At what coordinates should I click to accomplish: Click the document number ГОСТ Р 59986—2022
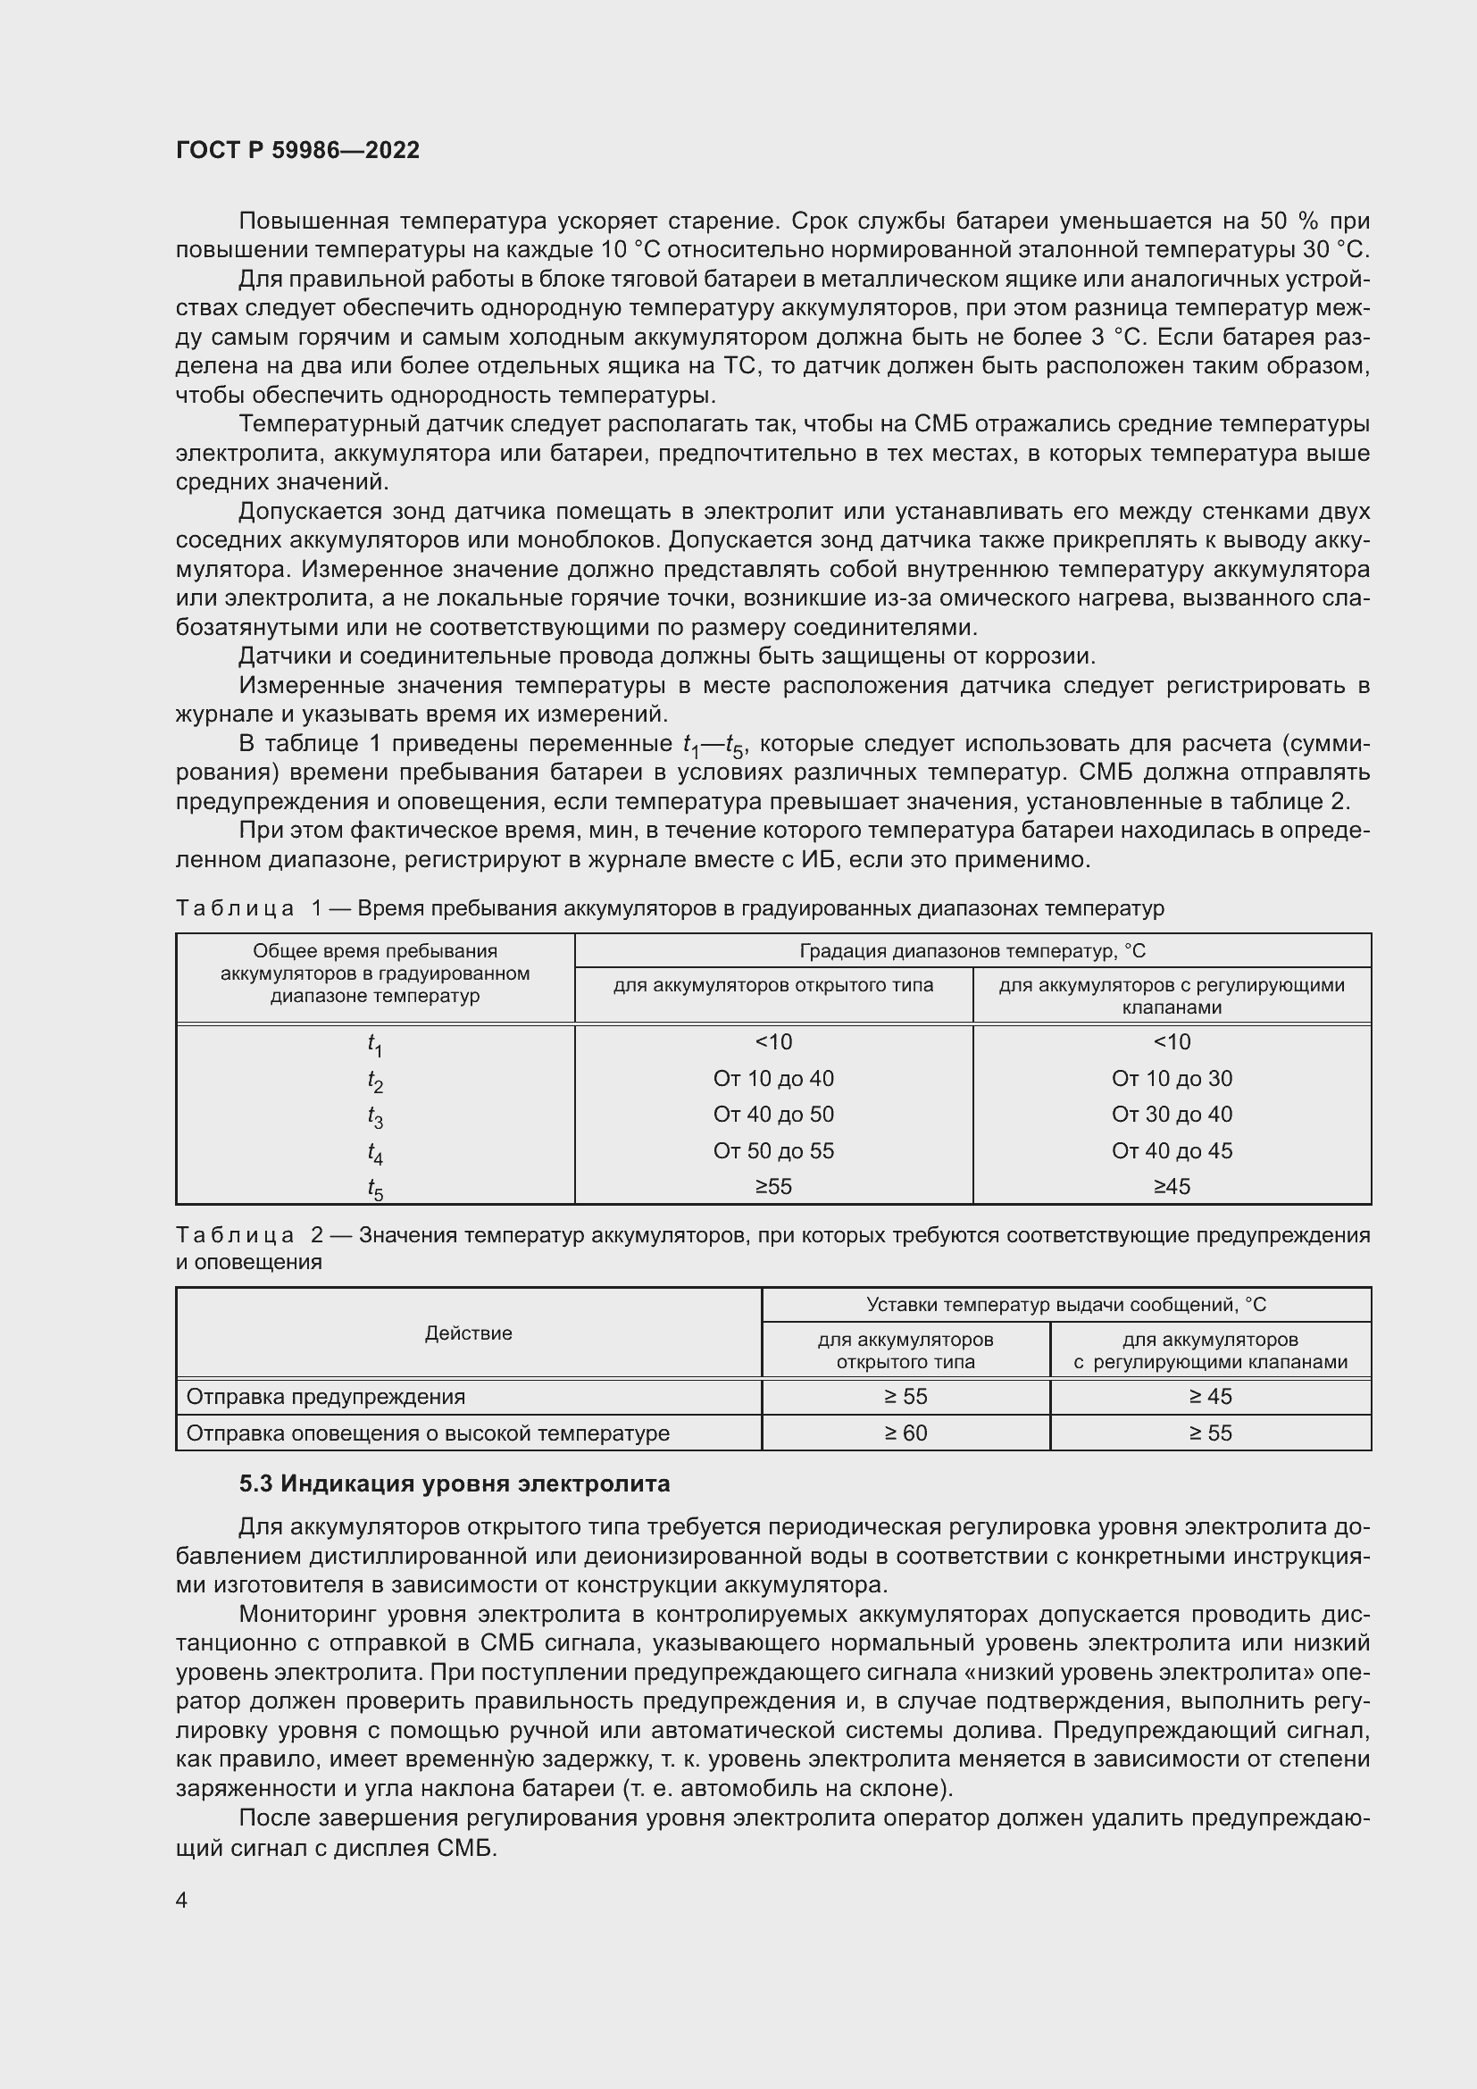click(x=297, y=150)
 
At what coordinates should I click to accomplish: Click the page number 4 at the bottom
click(x=182, y=1900)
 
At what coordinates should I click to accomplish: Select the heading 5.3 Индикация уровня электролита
click(x=455, y=1484)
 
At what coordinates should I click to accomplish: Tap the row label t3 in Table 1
click(x=375, y=1116)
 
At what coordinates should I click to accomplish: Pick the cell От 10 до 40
click(x=773, y=1078)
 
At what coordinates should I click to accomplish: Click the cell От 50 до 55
click(x=773, y=1151)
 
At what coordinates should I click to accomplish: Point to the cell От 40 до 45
click(x=1172, y=1151)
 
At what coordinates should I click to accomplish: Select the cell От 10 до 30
click(x=1172, y=1078)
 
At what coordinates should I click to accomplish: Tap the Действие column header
click(x=469, y=1333)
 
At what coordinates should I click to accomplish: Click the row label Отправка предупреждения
click(x=326, y=1397)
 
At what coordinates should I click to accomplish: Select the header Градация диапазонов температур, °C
click(x=972, y=951)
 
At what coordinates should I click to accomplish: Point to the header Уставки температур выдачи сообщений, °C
click(x=1066, y=1305)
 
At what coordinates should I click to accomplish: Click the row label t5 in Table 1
click(x=375, y=1188)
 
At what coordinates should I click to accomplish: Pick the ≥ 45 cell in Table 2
click(x=1211, y=1397)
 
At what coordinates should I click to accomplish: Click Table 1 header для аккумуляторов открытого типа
click(x=773, y=985)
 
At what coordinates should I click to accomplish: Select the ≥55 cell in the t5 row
click(x=773, y=1186)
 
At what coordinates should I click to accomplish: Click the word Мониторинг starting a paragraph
click(x=306, y=1615)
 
